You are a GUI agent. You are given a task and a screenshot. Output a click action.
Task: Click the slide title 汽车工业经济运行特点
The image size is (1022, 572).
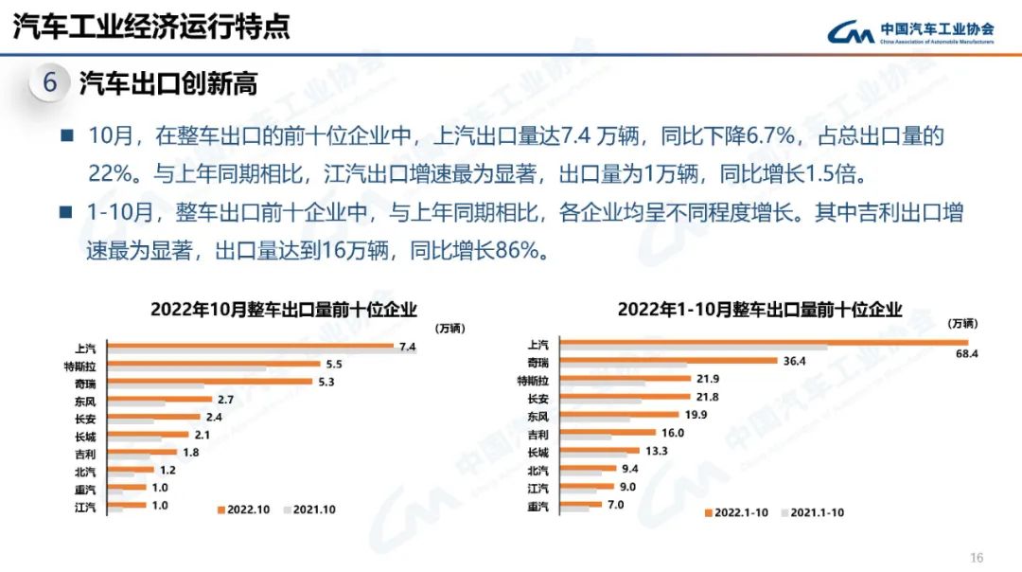click(x=151, y=27)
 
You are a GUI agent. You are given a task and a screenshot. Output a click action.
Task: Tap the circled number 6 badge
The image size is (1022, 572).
click(x=50, y=83)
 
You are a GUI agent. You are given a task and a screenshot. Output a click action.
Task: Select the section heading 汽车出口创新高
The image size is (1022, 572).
click(x=168, y=84)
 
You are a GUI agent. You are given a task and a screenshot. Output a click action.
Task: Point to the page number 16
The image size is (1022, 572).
click(x=978, y=557)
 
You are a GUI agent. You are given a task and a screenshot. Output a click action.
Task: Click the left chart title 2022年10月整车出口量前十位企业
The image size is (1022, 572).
click(x=284, y=309)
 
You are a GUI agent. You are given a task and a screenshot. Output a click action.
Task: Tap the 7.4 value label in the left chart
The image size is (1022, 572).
click(x=408, y=347)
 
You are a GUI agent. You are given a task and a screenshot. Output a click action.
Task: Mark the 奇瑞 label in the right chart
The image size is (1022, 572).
click(x=537, y=362)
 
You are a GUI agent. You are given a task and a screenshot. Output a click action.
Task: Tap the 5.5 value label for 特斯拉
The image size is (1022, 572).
click(x=333, y=365)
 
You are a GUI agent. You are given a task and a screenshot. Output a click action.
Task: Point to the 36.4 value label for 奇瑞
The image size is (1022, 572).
click(x=794, y=361)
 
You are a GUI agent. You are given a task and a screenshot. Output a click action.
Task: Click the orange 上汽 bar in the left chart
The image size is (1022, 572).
click(x=251, y=346)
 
